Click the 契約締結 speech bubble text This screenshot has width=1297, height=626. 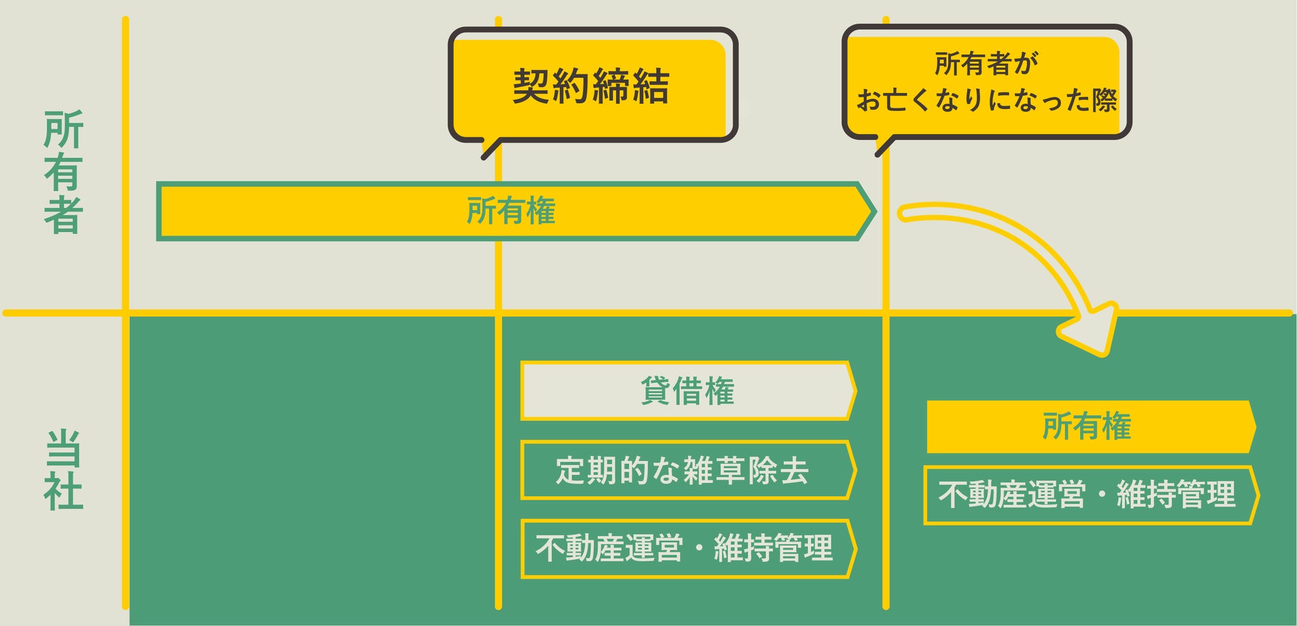[591, 86]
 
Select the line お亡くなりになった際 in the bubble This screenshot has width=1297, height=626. [986, 100]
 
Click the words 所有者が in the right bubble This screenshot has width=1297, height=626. [986, 64]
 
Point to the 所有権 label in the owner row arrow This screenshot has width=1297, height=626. [511, 211]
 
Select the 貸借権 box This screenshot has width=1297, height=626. [687, 391]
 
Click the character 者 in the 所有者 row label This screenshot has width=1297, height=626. [63, 214]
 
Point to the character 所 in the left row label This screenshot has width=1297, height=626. [63, 130]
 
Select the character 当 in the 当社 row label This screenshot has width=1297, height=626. [63, 449]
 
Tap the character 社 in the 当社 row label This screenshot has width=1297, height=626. [63, 492]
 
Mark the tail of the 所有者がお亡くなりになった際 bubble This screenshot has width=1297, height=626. [882, 148]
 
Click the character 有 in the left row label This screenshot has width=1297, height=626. [63, 172]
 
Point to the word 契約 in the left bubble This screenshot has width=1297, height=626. [551, 86]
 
